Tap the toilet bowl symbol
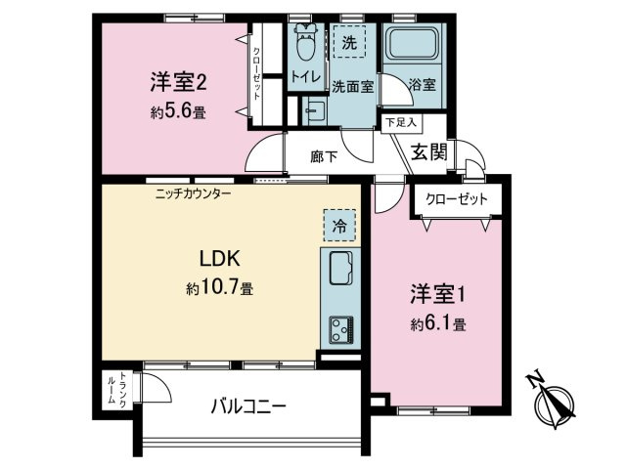(304, 44)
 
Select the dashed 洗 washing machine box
(349, 42)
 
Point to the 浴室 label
(423, 84)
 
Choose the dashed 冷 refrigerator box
(336, 225)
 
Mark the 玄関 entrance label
(427, 151)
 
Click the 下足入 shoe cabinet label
(400, 122)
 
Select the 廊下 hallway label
(324, 154)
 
